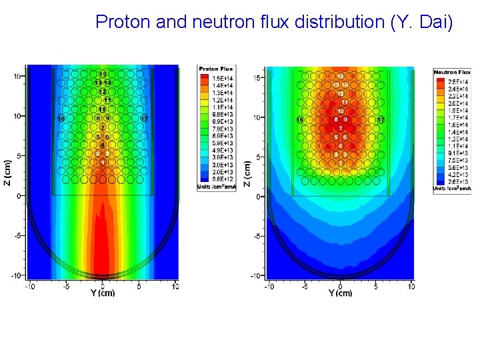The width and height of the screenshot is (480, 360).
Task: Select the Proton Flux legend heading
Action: click(x=217, y=69)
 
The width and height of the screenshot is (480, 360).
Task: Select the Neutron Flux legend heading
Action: click(x=453, y=71)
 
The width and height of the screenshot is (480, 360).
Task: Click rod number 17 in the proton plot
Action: click(x=145, y=119)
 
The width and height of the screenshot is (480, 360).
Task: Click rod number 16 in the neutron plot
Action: click(x=300, y=119)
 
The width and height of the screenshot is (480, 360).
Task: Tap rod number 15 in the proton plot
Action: click(x=103, y=74)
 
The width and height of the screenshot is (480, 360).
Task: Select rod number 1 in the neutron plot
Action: click(x=341, y=163)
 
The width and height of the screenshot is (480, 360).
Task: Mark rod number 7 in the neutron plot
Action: click(x=341, y=128)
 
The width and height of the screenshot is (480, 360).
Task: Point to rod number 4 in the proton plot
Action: click(x=103, y=145)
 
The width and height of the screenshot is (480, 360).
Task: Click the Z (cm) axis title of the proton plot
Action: click(x=8, y=171)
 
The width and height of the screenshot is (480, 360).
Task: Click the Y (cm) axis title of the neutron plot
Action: click(x=341, y=293)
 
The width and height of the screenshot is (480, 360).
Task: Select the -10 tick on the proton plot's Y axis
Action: click(x=30, y=287)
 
